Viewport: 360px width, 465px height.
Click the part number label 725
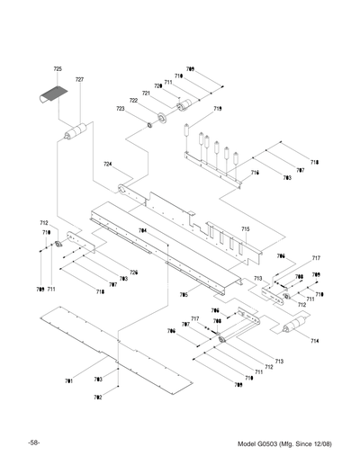58,69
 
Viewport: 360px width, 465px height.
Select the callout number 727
79,80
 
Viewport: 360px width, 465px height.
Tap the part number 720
157,86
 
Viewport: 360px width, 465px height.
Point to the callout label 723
120,109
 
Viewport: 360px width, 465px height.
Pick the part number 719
218,109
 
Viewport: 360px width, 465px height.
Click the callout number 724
108,165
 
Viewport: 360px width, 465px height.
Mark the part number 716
255,172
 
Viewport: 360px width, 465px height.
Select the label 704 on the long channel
142,231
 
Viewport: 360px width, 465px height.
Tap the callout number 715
245,229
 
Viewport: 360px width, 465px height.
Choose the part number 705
184,294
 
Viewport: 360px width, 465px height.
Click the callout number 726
133,273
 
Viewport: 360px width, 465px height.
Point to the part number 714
314,341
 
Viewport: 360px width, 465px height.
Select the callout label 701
68,381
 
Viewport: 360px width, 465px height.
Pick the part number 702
97,397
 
